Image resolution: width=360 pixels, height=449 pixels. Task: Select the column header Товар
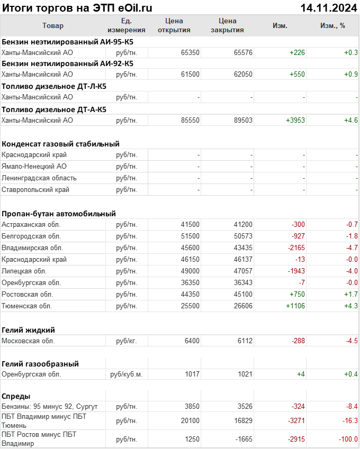(52, 25)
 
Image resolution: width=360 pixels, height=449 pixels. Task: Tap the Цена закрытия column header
(227, 25)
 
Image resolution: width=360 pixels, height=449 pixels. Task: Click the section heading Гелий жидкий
(29, 329)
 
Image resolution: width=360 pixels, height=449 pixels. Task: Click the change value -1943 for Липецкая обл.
(295, 271)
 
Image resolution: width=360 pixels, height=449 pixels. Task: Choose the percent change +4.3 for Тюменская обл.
(351, 306)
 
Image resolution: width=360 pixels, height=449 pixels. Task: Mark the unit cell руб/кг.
(127, 341)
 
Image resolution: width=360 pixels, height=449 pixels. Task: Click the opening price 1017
(192, 374)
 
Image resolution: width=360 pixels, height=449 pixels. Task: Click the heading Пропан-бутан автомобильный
(59, 214)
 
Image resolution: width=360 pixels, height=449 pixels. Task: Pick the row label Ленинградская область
(39, 178)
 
